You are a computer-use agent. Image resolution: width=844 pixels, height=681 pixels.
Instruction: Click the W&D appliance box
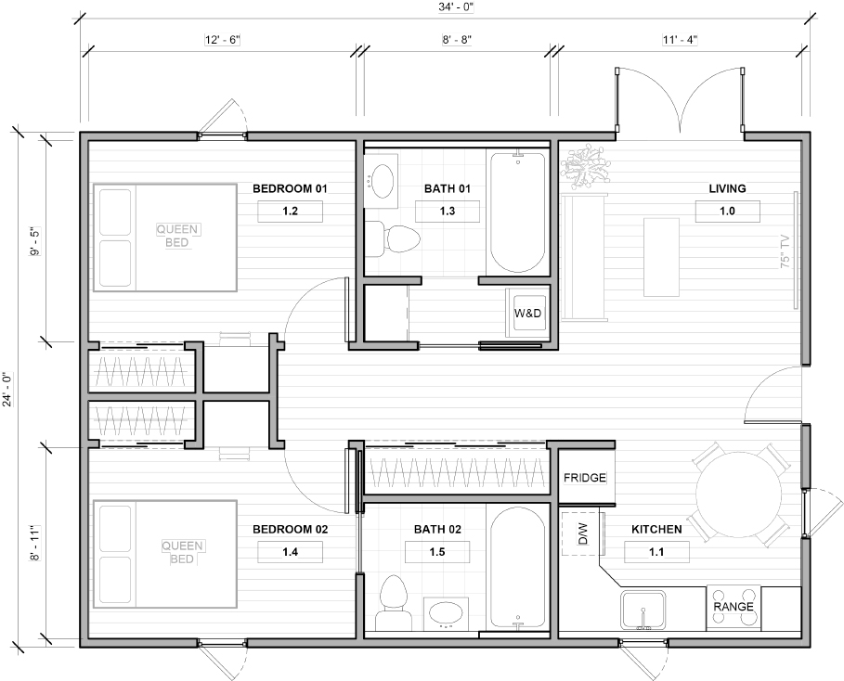click(x=527, y=313)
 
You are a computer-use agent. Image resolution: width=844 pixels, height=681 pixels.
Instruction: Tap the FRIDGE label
click(x=585, y=478)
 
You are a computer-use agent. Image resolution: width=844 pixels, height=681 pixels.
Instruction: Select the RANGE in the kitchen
click(x=734, y=608)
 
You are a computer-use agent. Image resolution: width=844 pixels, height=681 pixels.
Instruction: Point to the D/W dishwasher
click(x=581, y=533)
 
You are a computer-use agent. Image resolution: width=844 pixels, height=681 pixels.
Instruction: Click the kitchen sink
click(x=643, y=610)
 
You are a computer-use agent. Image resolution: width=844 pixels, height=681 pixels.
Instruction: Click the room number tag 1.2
click(x=290, y=212)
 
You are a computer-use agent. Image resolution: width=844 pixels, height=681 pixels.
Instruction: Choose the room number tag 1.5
click(x=437, y=552)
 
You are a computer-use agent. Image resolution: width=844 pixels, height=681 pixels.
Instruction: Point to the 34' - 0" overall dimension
click(x=455, y=7)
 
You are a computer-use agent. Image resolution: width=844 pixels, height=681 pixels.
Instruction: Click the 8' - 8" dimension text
click(x=457, y=40)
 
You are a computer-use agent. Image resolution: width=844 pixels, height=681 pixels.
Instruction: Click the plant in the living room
click(x=585, y=167)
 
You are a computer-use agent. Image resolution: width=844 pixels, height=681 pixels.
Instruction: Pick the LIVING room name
click(x=727, y=189)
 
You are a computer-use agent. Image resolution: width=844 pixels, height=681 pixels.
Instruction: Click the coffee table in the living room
click(x=661, y=257)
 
